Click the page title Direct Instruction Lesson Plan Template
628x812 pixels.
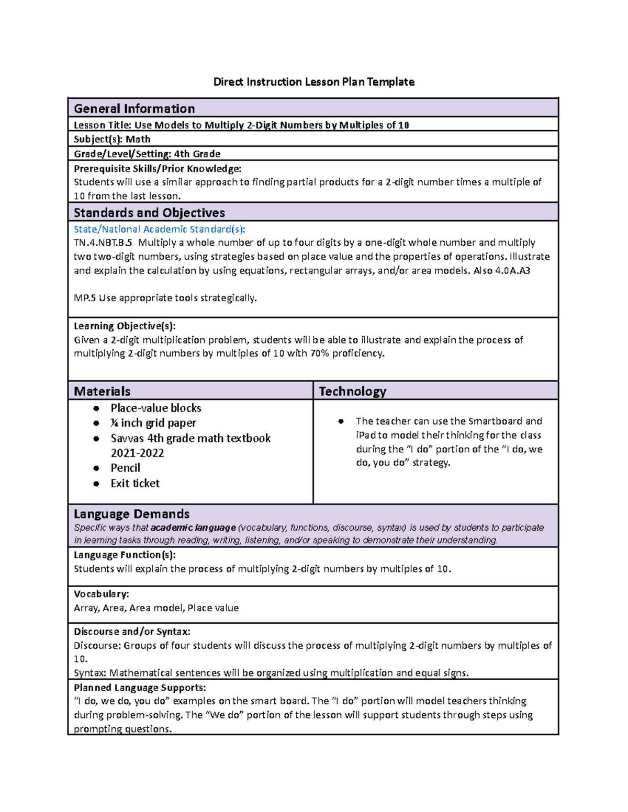pos(313,82)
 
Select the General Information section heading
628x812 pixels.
pos(134,108)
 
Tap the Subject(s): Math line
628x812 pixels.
pos(112,139)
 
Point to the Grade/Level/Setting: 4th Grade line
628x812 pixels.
pos(147,154)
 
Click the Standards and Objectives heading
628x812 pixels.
pos(149,212)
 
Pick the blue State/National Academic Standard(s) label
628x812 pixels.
pos(159,229)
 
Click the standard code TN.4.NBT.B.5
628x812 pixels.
pos(103,243)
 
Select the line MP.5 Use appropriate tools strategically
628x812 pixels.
pos(165,298)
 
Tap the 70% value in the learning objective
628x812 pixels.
pos(320,353)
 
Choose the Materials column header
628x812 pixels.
pos(102,391)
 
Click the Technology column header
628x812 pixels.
pos(352,391)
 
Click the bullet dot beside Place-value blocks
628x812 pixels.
pos(96,408)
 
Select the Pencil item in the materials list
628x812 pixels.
pos(125,468)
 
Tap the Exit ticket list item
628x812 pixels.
pos(135,484)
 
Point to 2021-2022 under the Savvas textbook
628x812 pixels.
pos(137,453)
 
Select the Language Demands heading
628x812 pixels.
pos(131,513)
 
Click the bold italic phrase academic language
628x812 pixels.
pos(193,528)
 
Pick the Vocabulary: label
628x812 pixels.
pos(101,594)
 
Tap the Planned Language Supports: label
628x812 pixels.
pos(140,688)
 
